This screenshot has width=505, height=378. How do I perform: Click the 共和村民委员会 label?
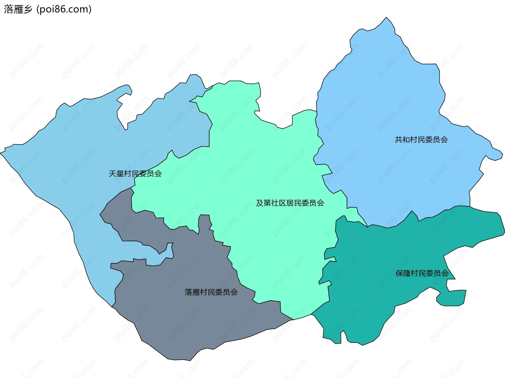421,140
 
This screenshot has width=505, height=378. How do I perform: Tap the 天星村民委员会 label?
135,174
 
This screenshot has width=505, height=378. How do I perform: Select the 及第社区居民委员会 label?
290,203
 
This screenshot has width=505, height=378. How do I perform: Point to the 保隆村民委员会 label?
422,273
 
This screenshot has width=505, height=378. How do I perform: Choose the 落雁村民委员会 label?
211,292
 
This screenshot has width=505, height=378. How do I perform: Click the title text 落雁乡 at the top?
18,9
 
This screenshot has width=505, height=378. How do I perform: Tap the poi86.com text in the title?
64,9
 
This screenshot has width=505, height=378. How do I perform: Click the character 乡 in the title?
28,9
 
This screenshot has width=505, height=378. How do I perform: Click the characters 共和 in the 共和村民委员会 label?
402,140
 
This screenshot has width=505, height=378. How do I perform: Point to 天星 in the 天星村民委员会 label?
116,174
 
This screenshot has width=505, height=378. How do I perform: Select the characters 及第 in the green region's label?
264,203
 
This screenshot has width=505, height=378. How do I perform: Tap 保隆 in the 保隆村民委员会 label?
403,273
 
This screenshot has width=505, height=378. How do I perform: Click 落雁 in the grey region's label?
192,292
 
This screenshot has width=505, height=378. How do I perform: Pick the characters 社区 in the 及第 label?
279,203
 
